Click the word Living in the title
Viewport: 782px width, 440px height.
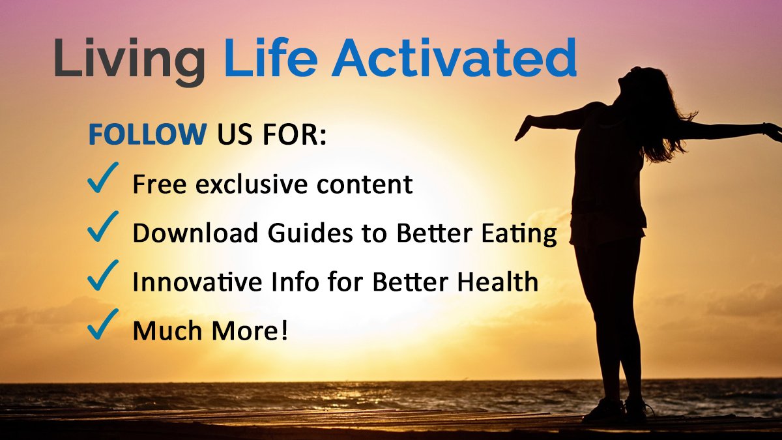(129, 59)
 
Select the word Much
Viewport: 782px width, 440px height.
(160, 331)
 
